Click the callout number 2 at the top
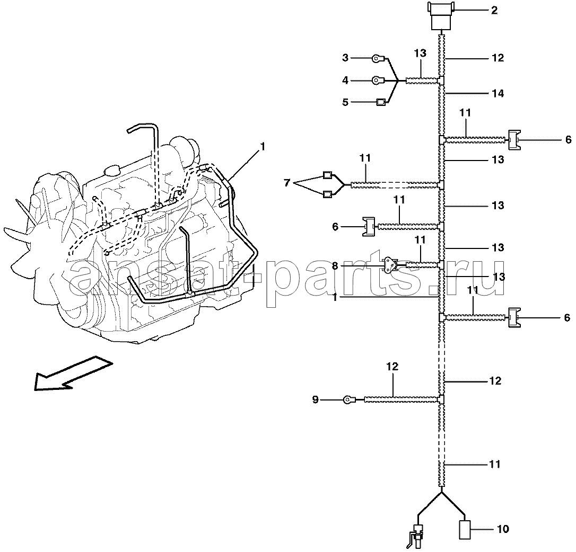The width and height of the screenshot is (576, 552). pyautogui.click(x=494, y=10)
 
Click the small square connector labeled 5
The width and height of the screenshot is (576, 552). pyautogui.click(x=381, y=102)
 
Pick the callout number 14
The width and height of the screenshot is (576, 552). pyautogui.click(x=498, y=93)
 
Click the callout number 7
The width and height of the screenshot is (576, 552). pyautogui.click(x=287, y=182)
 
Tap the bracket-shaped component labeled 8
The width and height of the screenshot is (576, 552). pyautogui.click(x=390, y=265)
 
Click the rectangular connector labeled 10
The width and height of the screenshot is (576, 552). pyautogui.click(x=465, y=530)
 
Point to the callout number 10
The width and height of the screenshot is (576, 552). pyautogui.click(x=502, y=529)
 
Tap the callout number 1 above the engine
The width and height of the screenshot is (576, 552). pyautogui.click(x=263, y=147)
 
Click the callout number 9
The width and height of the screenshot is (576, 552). pyautogui.click(x=315, y=399)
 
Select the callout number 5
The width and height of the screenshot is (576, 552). pyautogui.click(x=345, y=102)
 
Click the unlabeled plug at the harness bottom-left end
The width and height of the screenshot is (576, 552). pyautogui.click(x=417, y=536)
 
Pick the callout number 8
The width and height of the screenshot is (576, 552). pyautogui.click(x=335, y=265)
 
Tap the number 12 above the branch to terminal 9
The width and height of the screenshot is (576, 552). pyautogui.click(x=392, y=366)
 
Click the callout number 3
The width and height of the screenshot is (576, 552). pyautogui.click(x=345, y=58)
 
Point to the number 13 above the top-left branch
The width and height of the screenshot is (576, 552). pyautogui.click(x=420, y=53)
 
